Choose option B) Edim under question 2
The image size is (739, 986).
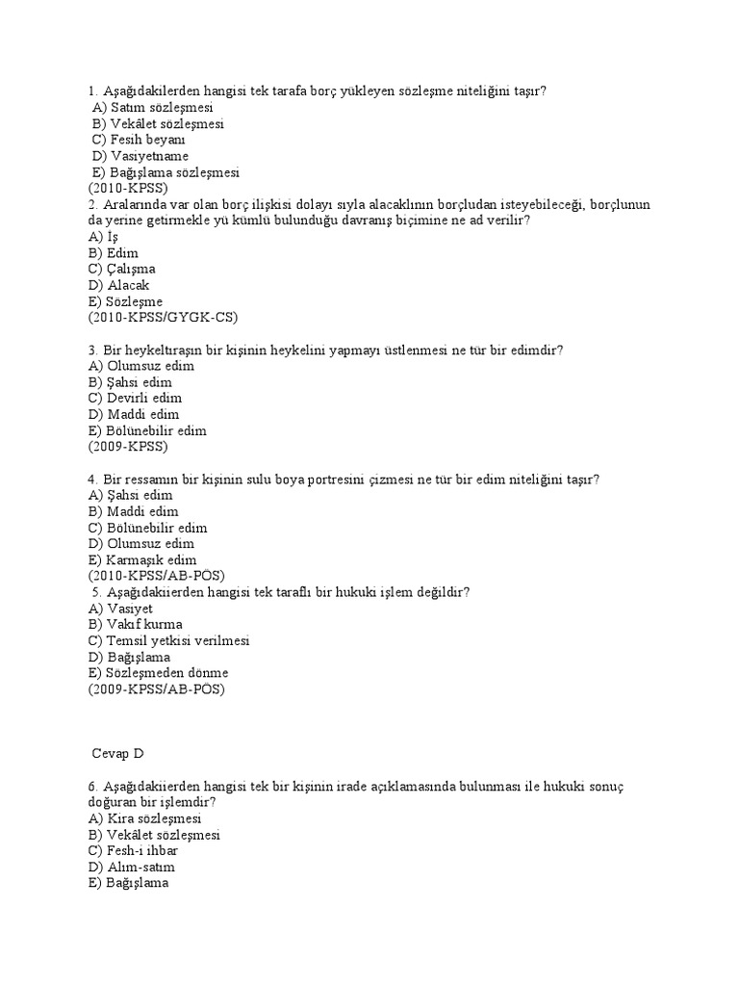coord(114,252)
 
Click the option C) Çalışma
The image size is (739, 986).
coord(121,269)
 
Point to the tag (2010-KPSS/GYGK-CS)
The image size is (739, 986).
coord(163,317)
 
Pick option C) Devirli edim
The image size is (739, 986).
coord(135,398)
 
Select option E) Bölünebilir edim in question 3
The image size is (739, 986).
coord(147,430)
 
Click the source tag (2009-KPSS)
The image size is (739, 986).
coord(127,447)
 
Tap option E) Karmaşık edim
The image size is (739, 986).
coord(142,559)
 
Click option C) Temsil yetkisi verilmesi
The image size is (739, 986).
coord(168,640)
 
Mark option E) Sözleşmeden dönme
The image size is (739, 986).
coord(158,672)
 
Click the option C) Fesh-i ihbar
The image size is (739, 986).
coord(133,851)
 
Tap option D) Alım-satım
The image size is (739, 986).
coord(133,868)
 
